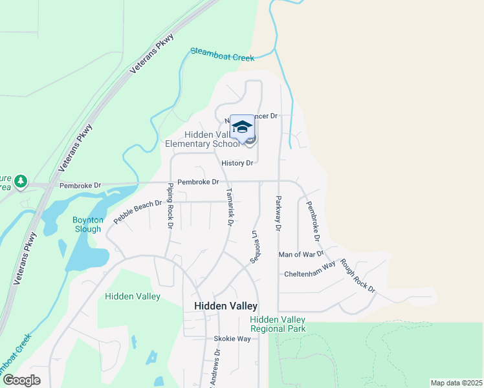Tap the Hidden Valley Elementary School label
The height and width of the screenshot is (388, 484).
click(212, 139)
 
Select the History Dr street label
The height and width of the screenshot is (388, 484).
click(237, 163)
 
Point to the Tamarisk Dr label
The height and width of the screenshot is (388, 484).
click(229, 207)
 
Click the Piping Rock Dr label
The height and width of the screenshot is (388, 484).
click(170, 206)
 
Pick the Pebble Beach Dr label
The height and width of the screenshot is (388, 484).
click(137, 212)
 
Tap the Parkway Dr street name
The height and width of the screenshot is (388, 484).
click(278, 213)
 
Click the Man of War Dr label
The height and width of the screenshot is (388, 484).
click(300, 255)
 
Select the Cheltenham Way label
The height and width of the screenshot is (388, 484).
click(309, 274)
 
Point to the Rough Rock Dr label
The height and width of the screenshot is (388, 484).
click(357, 275)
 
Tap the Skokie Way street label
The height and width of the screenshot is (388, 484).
click(232, 339)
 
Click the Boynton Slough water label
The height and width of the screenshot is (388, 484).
click(87, 224)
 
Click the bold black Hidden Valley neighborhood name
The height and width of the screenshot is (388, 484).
click(226, 306)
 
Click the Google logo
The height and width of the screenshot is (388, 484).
click(21, 380)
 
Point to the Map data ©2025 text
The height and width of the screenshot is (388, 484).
click(456, 383)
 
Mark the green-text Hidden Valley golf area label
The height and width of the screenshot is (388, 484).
click(132, 296)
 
